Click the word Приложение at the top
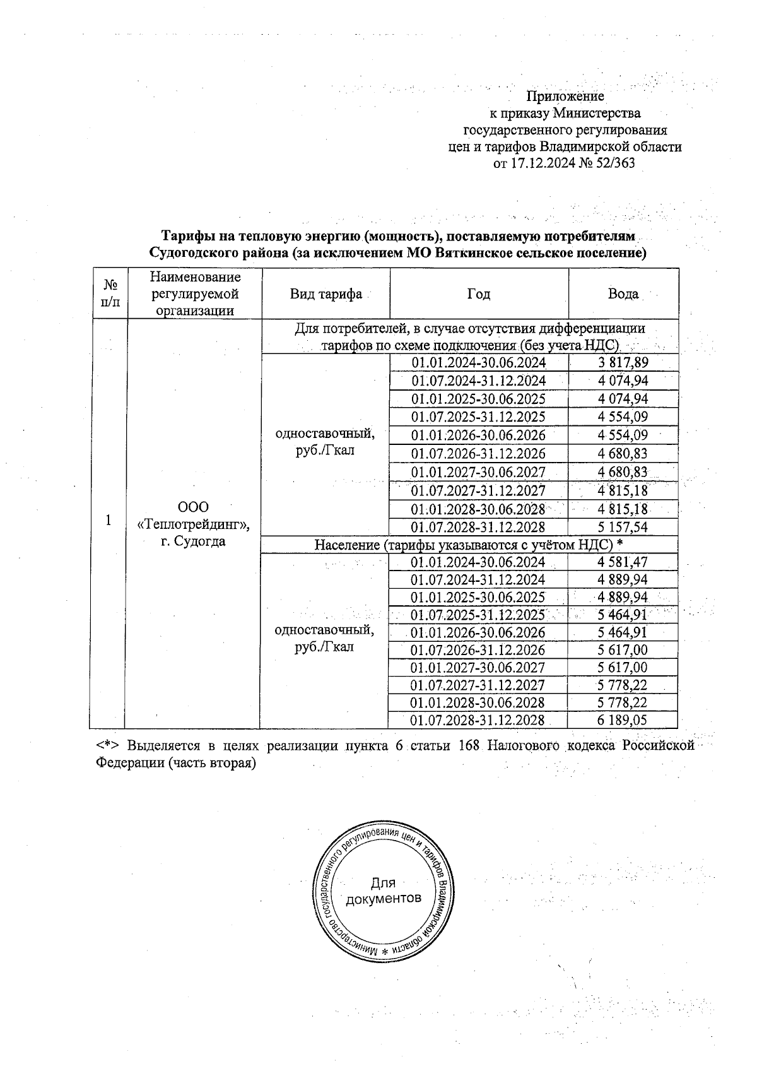click(565, 97)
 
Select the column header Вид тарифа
click(326, 294)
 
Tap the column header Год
click(479, 294)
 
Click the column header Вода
click(623, 294)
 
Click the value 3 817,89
click(623, 363)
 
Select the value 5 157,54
click(623, 527)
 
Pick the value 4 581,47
click(623, 562)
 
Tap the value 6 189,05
click(623, 720)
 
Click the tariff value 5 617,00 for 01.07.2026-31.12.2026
click(623, 650)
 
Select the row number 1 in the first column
click(109, 520)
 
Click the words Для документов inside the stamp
click(383, 891)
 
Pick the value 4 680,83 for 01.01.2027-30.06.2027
click(623, 472)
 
